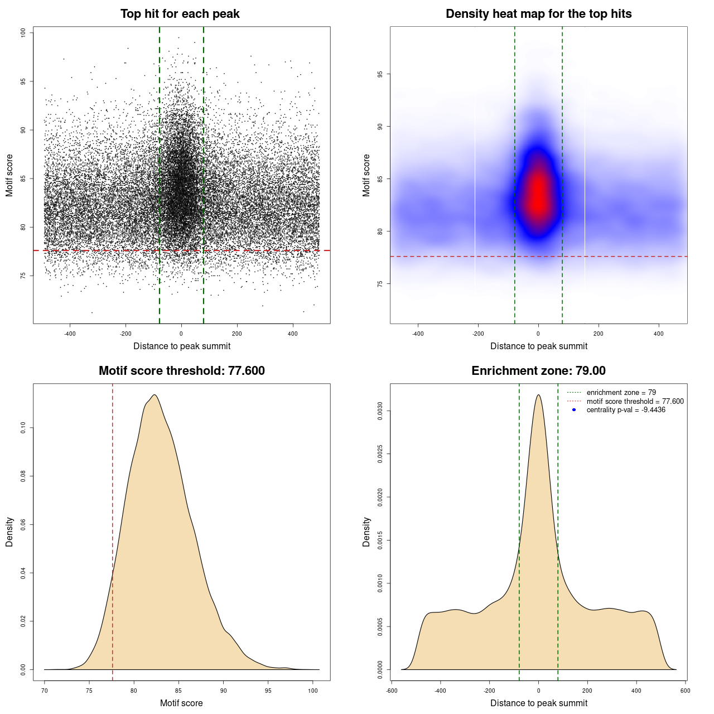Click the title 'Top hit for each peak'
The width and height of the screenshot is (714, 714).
pyautogui.click(x=180, y=14)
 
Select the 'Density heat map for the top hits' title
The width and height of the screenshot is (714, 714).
pyautogui.click(x=538, y=14)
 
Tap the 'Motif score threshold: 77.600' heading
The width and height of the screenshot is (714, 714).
pyautogui.click(x=181, y=371)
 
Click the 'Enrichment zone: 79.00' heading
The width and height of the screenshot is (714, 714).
pyautogui.click(x=538, y=371)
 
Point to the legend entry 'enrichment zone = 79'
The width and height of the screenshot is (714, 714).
pyautogui.click(x=621, y=393)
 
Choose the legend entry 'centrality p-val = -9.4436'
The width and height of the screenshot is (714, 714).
pyautogui.click(x=626, y=410)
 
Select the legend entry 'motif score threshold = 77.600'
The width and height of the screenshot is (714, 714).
pyautogui.click(x=635, y=402)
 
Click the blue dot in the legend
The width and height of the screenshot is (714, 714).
pyautogui.click(x=574, y=410)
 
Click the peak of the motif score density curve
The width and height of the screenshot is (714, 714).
pyautogui.click(x=154, y=395)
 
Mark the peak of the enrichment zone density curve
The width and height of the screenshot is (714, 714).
pyautogui.click(x=538, y=395)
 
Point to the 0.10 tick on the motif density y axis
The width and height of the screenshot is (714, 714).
pyautogui.click(x=23, y=428)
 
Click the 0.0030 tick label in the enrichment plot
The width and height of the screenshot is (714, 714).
pyautogui.click(x=380, y=411)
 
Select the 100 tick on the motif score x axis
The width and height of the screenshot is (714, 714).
pyautogui.click(x=313, y=691)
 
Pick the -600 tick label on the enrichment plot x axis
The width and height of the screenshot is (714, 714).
pyautogui.click(x=392, y=691)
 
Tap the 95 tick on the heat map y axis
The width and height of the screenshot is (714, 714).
pyautogui.click(x=380, y=74)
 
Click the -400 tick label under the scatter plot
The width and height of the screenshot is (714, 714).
pyautogui.click(x=70, y=334)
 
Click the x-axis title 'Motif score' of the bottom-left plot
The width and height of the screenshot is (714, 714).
pyautogui.click(x=181, y=703)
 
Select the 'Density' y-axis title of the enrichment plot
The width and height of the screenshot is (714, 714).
pyautogui.click(x=366, y=532)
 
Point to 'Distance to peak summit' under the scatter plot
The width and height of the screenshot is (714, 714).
pyautogui.click(x=182, y=346)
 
